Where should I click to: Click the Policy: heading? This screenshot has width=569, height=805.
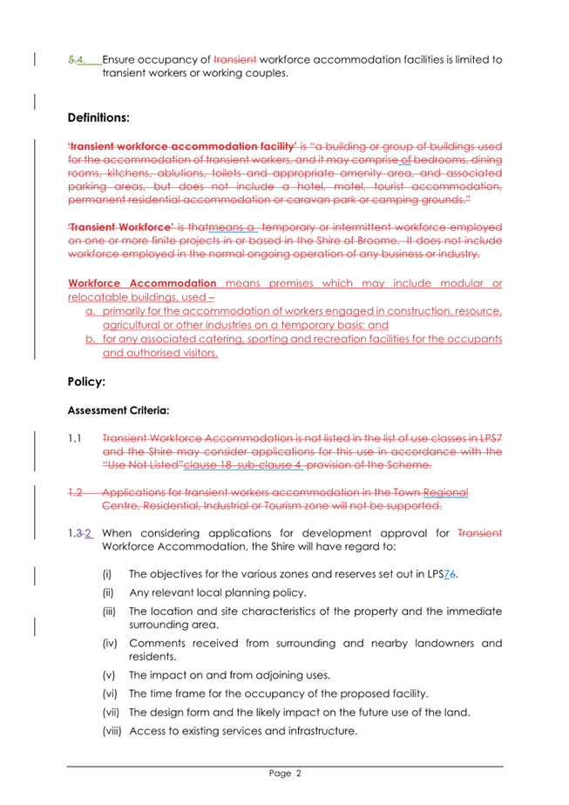(x=86, y=382)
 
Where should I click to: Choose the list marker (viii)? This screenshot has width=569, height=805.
(x=112, y=731)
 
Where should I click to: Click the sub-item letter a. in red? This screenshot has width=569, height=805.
(x=90, y=312)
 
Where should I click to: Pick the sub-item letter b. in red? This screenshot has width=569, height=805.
(x=90, y=340)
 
